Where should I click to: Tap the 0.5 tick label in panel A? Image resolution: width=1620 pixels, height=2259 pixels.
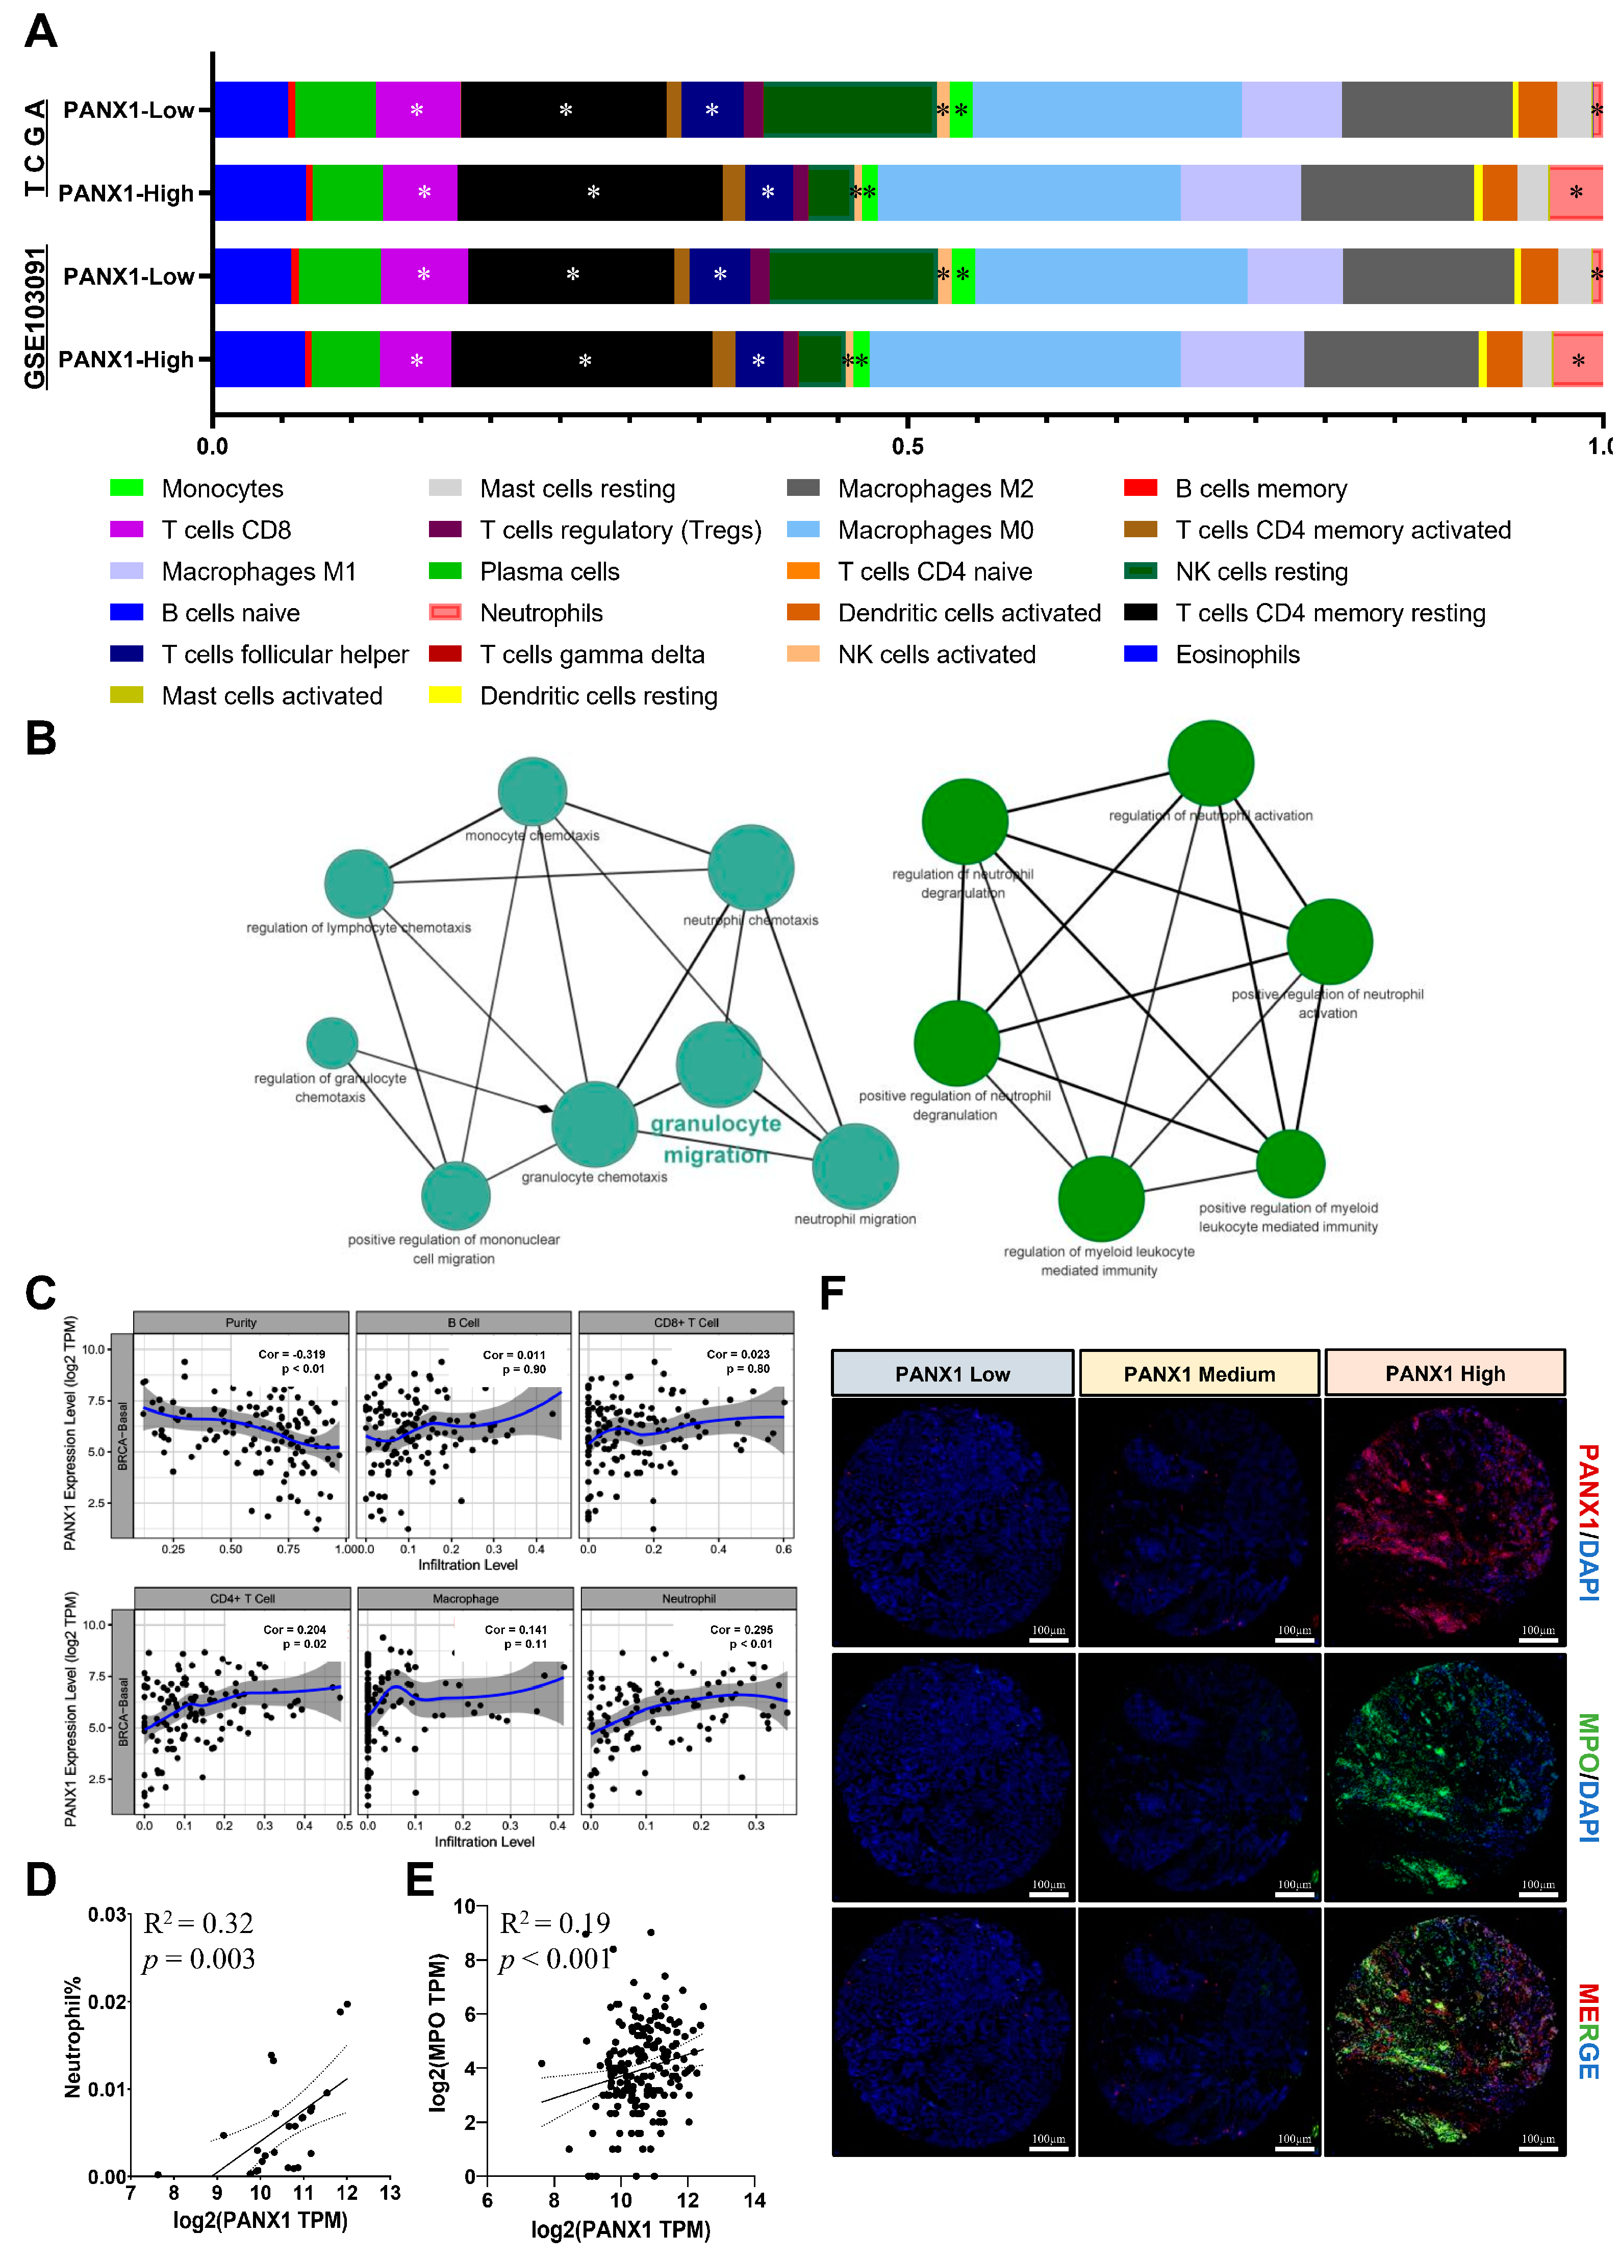coord(907,446)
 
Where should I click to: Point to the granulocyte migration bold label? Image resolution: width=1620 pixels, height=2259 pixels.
coord(716,1139)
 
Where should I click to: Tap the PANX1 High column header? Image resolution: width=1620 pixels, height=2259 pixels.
coord(1445,1373)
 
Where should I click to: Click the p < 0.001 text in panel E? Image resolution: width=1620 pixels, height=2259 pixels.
coord(554,1959)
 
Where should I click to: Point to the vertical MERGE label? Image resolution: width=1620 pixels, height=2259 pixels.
coord(1588,2032)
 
